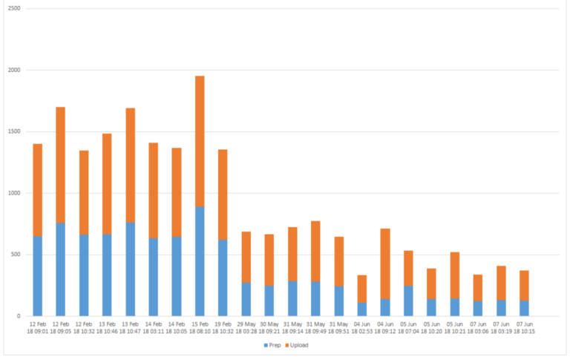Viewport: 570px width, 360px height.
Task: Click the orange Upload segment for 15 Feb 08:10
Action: (x=200, y=141)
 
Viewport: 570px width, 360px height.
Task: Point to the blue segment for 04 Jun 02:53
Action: (x=362, y=310)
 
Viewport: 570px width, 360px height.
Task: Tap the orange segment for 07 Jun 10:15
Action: (x=524, y=286)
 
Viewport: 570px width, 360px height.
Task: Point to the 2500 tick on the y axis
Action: (x=14, y=9)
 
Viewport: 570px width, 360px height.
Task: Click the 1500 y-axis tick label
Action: (x=14, y=132)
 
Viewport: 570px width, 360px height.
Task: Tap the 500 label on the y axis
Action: (x=16, y=255)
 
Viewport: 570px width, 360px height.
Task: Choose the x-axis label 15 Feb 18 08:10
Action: (x=200, y=327)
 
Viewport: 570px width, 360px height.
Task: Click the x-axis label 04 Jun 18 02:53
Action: (x=362, y=327)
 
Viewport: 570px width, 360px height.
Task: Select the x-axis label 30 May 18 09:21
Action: (x=269, y=327)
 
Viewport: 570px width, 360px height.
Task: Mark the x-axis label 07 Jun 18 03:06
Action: (x=478, y=327)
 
